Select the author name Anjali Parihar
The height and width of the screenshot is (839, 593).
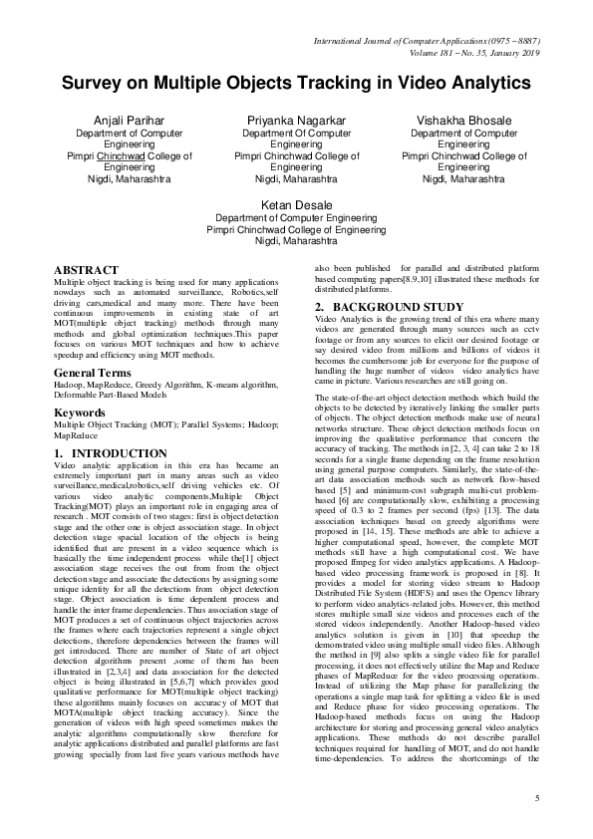coord(129,120)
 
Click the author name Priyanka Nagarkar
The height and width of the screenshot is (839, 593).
coord(296,120)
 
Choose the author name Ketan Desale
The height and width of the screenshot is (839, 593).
coord(296,204)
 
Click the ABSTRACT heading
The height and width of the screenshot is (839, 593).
coord(87,270)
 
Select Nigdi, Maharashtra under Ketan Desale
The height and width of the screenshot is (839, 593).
coord(296,241)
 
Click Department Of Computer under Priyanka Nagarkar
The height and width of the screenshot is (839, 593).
coord(296,133)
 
